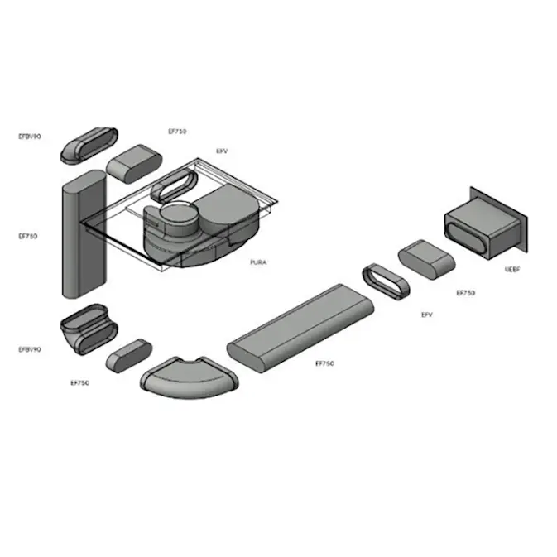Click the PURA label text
click(258, 262)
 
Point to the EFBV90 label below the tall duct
click(30, 349)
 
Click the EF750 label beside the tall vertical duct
click(27, 236)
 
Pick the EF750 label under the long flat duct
click(324, 363)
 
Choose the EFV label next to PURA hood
click(221, 151)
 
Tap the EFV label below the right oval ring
click(427, 315)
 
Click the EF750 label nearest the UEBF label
click(465, 292)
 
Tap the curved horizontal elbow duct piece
click(190, 378)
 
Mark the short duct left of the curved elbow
click(129, 353)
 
